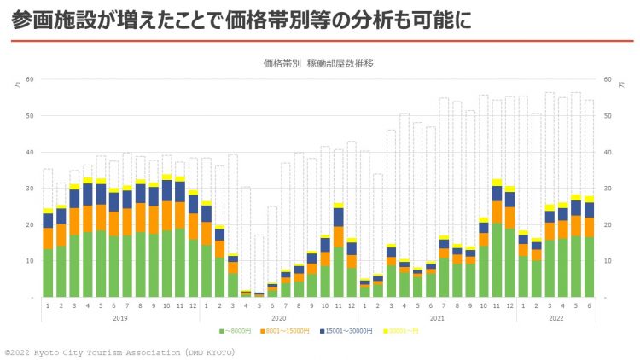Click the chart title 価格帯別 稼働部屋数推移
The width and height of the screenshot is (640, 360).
point(319,63)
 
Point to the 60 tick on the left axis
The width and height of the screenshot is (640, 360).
point(29,79)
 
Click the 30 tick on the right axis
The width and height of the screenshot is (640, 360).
point(608,189)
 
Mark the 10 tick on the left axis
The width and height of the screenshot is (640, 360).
point(29,261)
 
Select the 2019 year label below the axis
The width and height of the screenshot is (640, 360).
point(119,318)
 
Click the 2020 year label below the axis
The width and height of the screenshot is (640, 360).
point(279,318)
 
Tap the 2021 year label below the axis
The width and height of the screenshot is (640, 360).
point(437,318)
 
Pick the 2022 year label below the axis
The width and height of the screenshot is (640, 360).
point(556,318)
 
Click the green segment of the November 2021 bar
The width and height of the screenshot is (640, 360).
point(497,260)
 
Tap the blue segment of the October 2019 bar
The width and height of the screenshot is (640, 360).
point(167,190)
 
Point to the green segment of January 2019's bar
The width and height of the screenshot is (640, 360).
point(48,273)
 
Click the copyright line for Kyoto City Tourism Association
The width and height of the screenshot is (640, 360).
point(119,351)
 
